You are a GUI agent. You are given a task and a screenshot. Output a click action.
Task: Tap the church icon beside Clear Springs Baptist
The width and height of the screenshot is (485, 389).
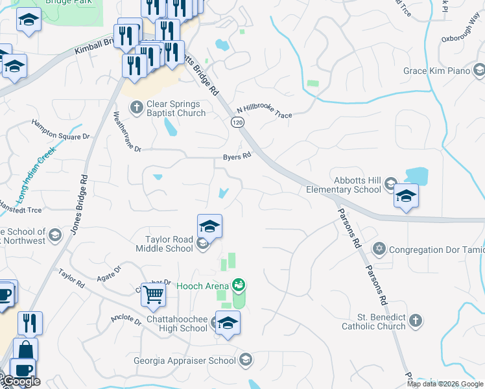136,107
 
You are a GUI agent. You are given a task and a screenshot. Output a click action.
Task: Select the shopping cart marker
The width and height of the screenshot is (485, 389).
154,294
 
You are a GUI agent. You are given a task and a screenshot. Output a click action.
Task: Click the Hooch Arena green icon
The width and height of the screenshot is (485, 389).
239,285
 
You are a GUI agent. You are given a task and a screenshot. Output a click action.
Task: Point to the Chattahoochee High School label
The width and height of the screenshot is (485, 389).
167,324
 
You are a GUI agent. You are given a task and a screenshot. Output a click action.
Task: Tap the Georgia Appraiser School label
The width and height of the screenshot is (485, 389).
184,360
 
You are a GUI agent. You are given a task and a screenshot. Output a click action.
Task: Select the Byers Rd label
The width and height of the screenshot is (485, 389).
237,157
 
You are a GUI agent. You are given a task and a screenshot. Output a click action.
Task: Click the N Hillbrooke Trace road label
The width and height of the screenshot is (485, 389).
264,112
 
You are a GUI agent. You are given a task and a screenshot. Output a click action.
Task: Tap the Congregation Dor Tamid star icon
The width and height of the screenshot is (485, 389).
379,248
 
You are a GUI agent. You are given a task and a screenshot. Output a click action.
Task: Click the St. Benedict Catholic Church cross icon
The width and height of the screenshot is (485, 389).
416,320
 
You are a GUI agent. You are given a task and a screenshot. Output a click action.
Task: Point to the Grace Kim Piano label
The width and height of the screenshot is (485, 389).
436,71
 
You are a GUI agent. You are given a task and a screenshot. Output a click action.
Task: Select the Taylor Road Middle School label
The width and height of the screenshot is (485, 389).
165,244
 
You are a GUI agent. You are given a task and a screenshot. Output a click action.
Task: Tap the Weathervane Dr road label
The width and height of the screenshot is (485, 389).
126,132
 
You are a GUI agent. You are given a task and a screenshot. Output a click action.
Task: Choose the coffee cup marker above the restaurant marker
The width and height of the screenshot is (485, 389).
6,294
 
